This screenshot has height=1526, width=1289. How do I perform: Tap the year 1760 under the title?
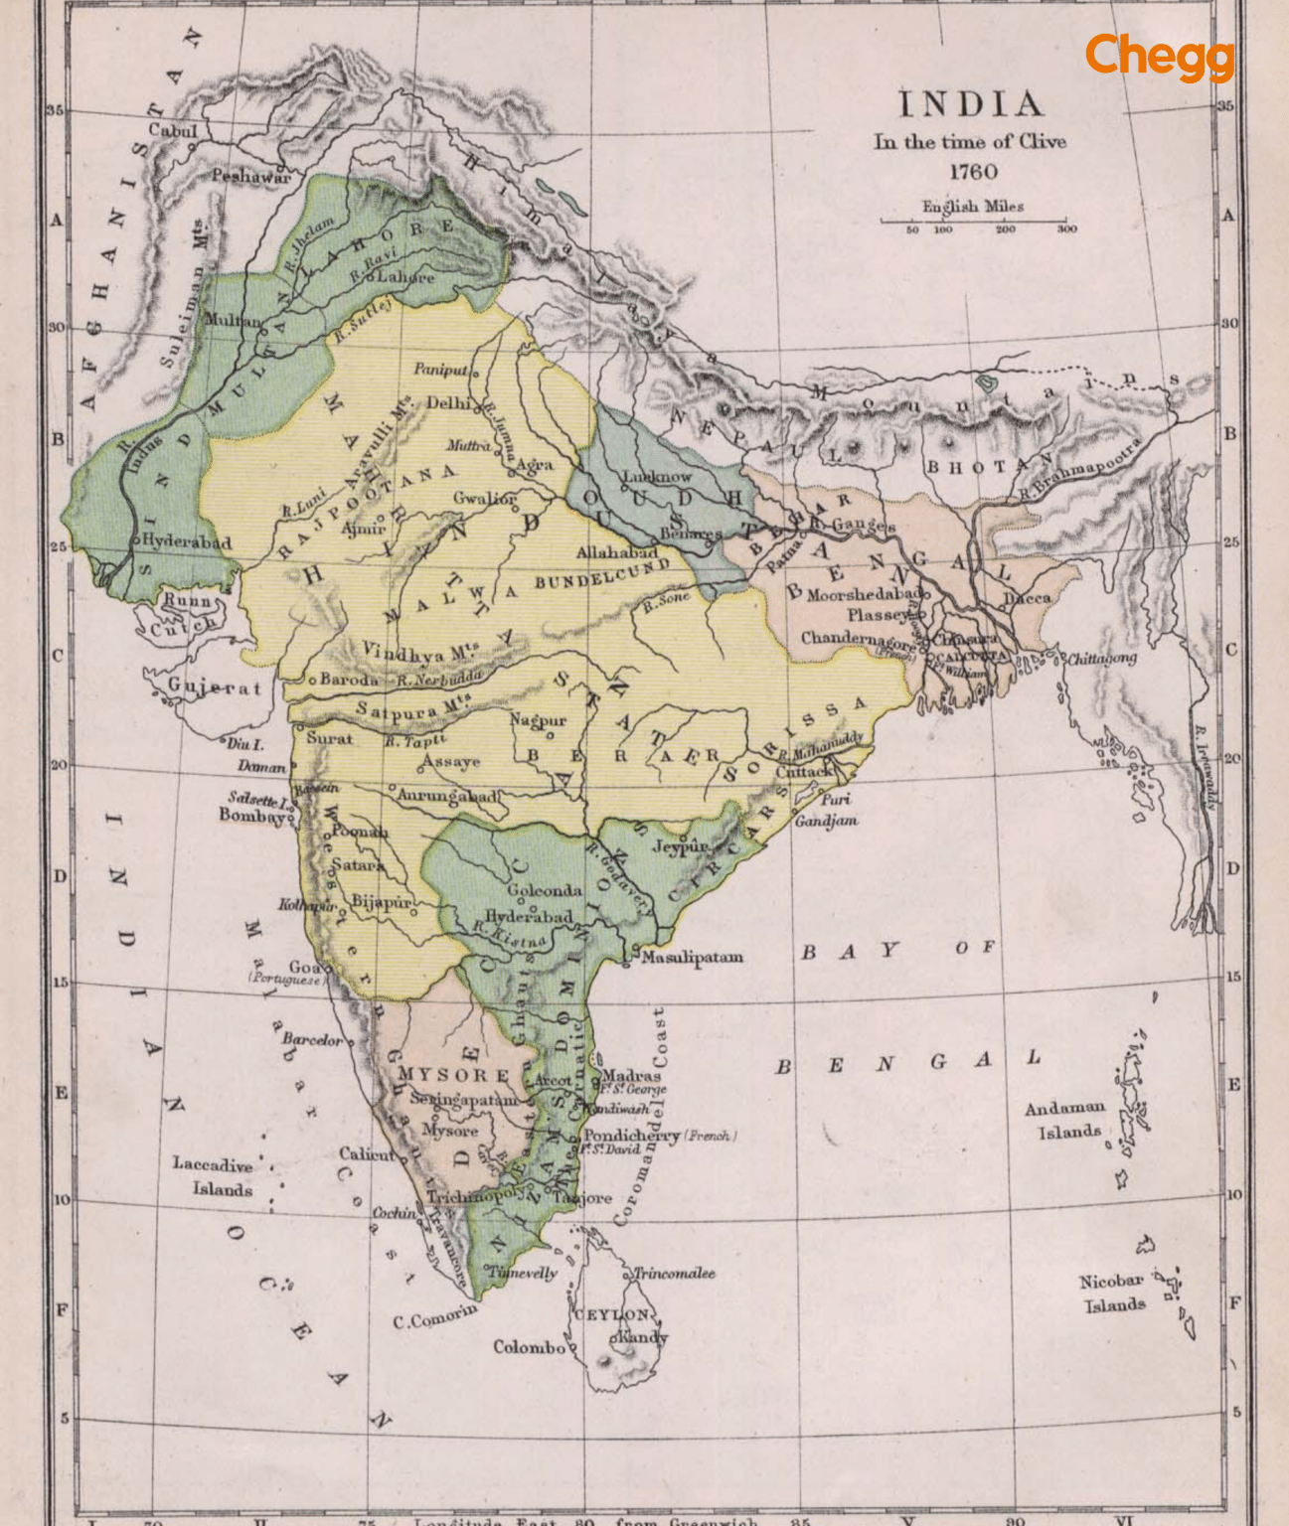(972, 172)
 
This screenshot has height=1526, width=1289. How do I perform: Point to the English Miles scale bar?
(973, 219)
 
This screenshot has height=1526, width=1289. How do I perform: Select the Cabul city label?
(173, 130)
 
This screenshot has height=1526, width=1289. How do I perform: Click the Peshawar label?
(250, 176)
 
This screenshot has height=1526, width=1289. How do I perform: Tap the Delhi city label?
(448, 403)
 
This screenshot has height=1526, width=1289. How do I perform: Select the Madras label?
(632, 1075)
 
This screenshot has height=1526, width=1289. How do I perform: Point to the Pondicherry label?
(631, 1135)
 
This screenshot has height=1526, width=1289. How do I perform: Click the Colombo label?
(529, 1347)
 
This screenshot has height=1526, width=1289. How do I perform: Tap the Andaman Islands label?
(1064, 1119)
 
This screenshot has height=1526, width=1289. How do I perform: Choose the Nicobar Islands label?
(1112, 1293)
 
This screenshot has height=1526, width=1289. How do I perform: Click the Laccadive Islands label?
(214, 1176)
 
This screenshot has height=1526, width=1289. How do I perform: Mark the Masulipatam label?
(692, 957)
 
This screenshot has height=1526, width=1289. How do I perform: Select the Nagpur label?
(538, 720)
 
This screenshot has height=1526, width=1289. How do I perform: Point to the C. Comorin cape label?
(434, 1317)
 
